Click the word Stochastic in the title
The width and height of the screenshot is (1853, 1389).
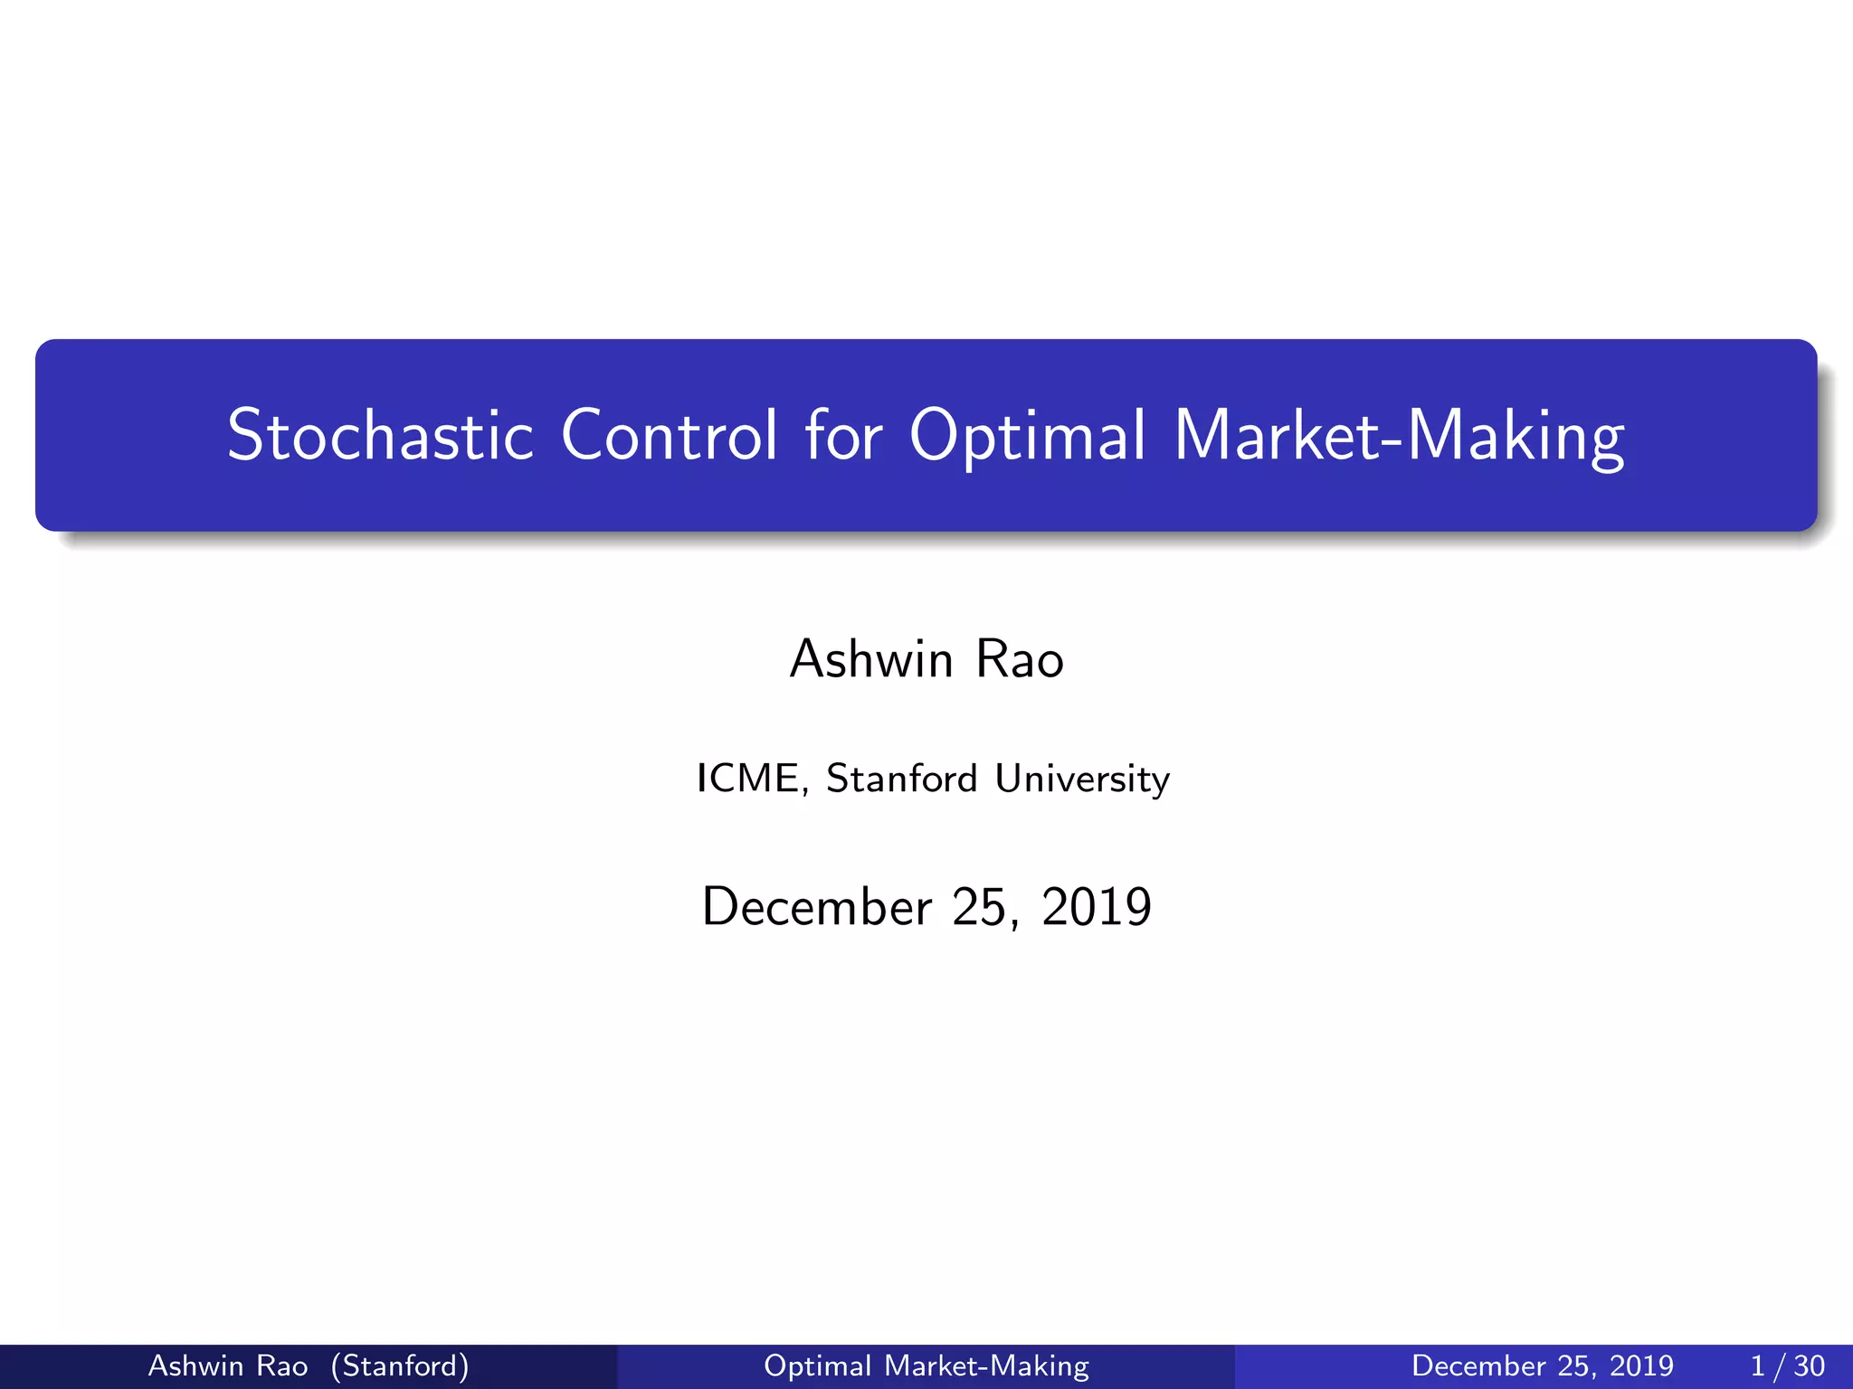[380, 436]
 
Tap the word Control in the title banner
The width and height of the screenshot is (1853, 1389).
[669, 436]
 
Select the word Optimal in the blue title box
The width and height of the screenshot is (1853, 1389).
[1028, 436]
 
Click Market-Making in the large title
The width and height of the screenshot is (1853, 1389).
[1399, 438]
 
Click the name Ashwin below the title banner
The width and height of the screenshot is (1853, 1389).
[871, 659]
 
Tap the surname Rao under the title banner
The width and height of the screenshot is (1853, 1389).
[1020, 659]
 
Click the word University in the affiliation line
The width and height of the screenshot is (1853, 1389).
[1082, 780]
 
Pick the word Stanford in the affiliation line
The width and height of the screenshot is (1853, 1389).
[901, 779]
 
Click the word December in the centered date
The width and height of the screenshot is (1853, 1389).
[816, 907]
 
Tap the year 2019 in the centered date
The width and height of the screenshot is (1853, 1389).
[1097, 907]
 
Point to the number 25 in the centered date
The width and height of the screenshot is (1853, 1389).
[981, 907]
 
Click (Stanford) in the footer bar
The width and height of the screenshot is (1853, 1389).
[400, 1365]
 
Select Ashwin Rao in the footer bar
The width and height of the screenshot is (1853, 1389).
[228, 1365]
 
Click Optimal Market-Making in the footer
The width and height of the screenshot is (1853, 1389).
[926, 1365]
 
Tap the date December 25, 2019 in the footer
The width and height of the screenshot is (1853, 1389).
[1542, 1365]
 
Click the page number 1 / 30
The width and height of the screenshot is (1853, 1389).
[1787, 1365]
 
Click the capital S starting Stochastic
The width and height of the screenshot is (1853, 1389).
[247, 436]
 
